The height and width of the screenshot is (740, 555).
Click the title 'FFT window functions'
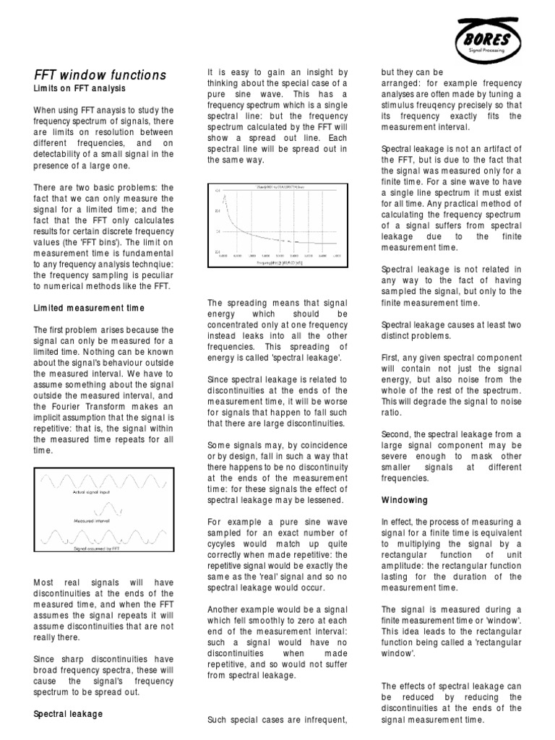[100, 75]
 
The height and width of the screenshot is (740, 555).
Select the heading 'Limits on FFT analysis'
[80, 89]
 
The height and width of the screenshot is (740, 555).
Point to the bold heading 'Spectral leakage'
[69, 713]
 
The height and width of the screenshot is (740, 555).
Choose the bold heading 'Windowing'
[404, 500]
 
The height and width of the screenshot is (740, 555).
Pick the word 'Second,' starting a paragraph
[397, 434]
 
